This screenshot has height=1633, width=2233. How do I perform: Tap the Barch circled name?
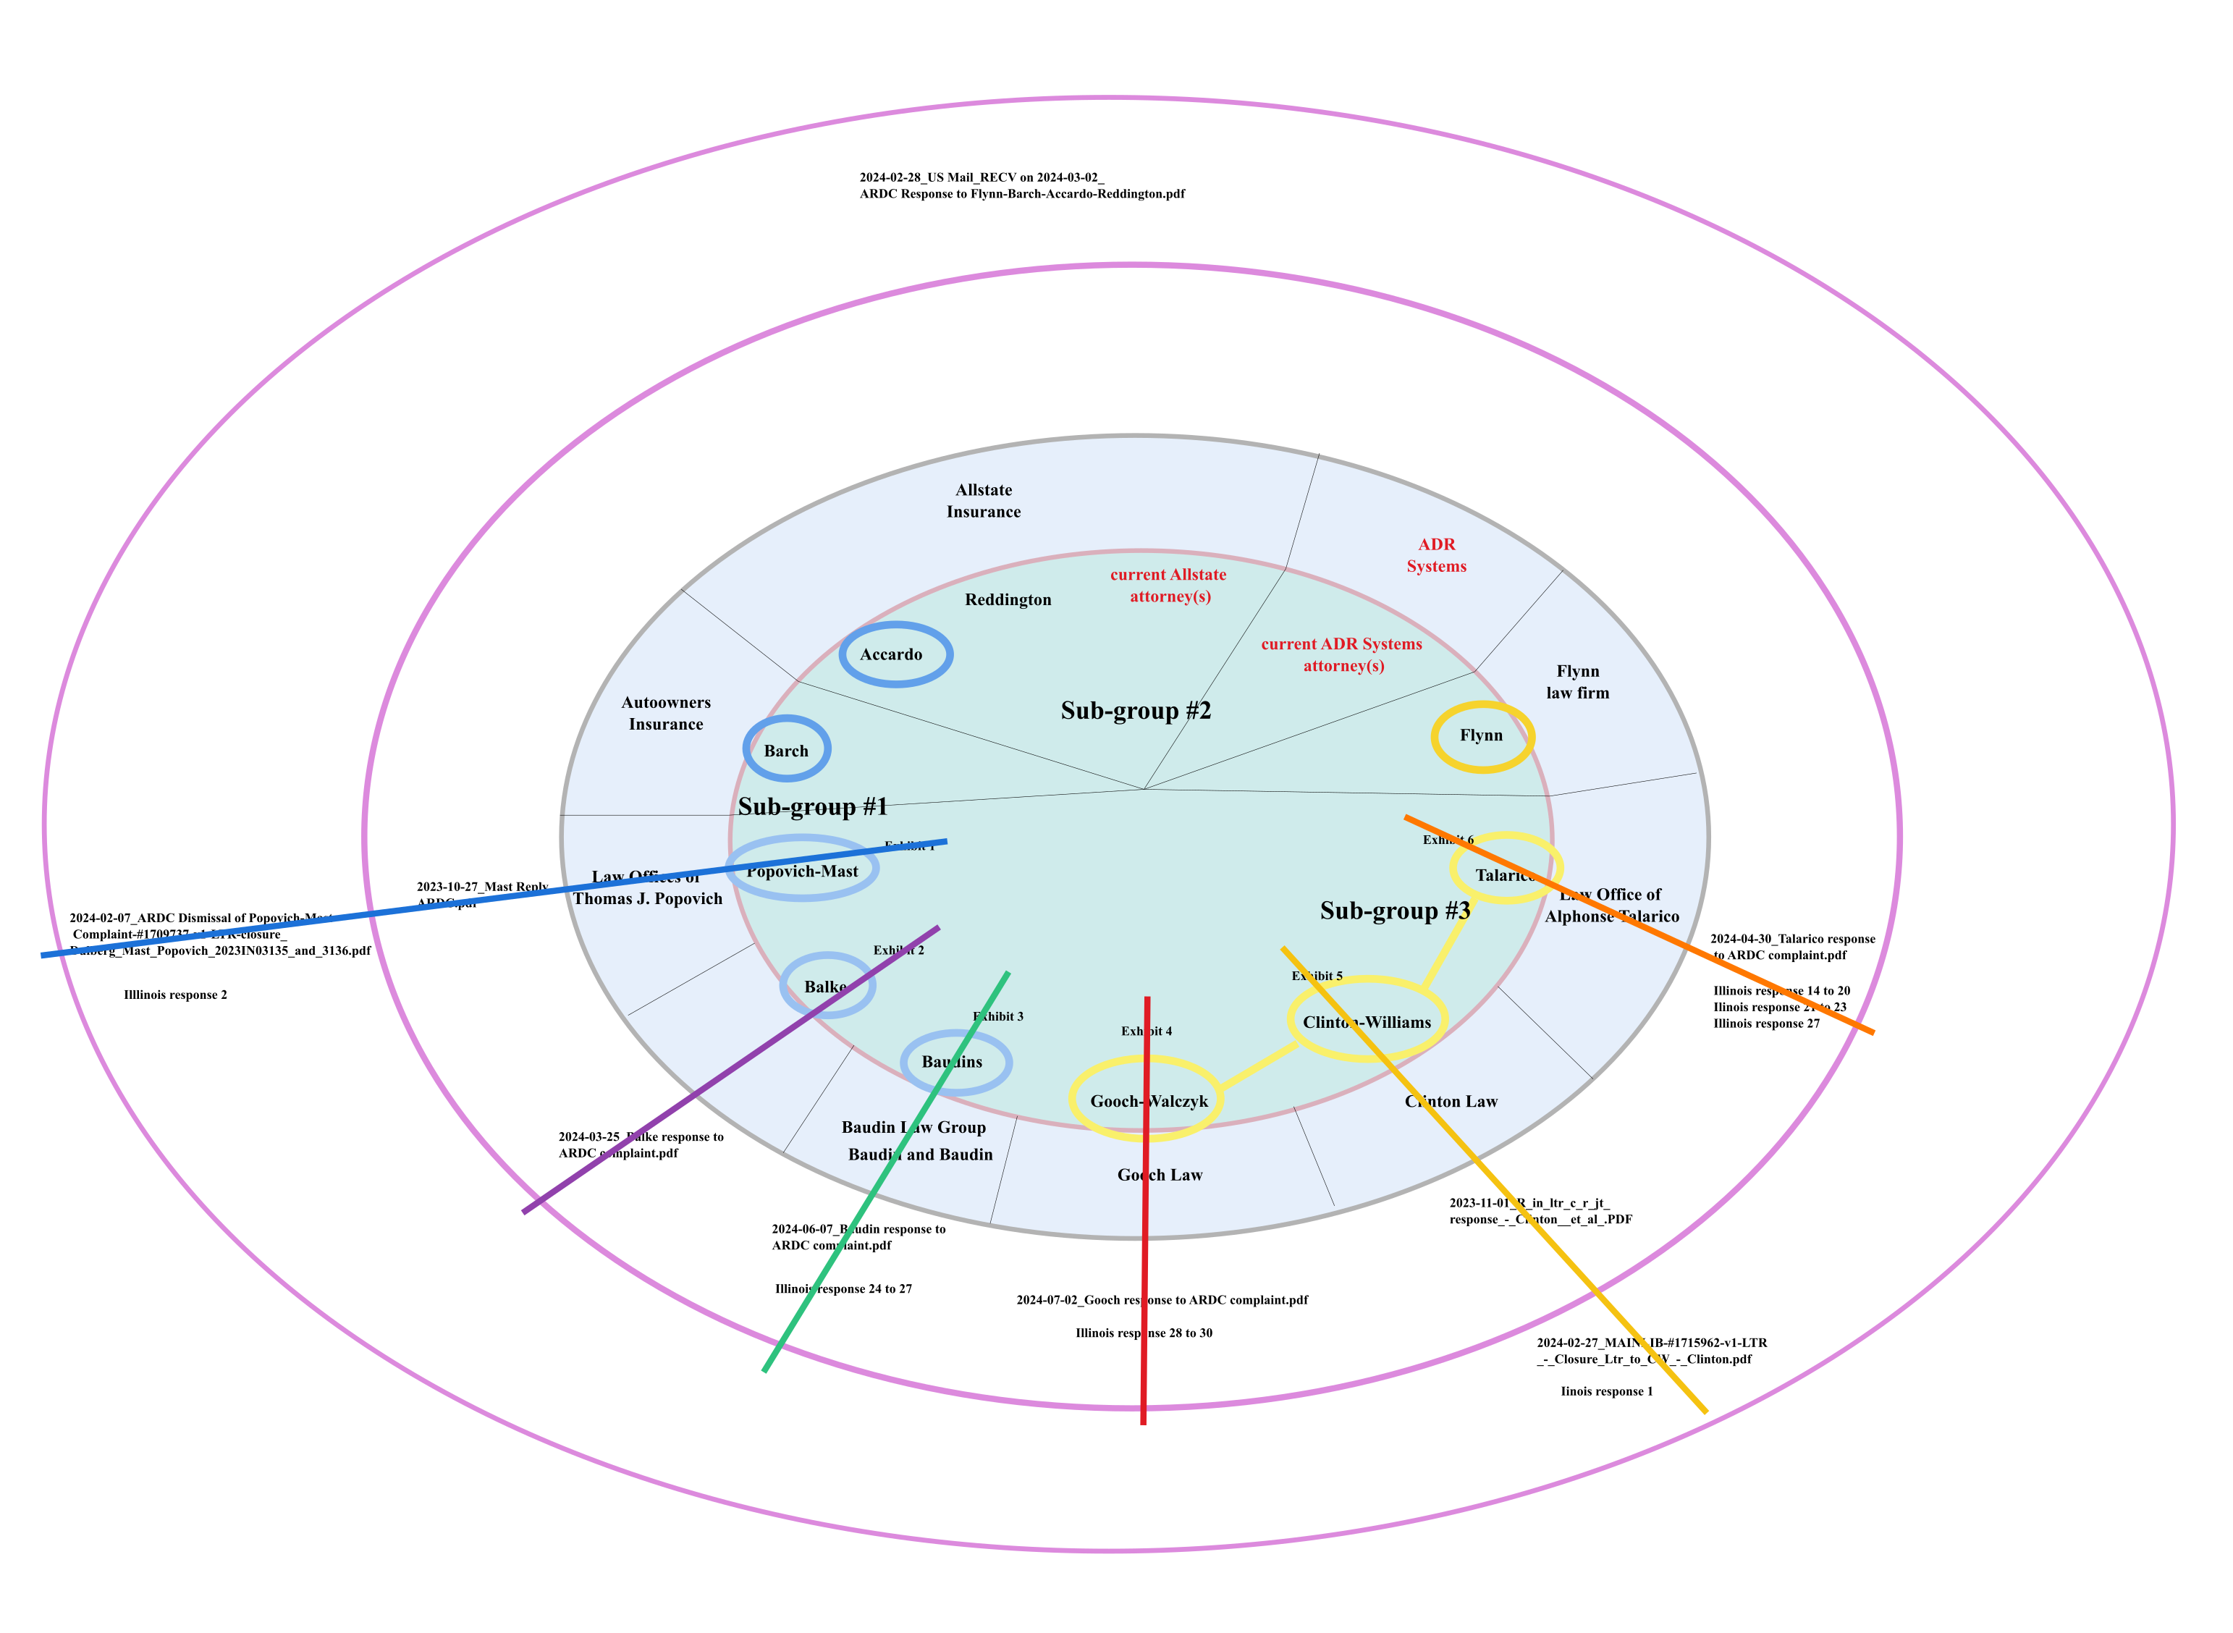coord(786,751)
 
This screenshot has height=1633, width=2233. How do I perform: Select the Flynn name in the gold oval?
coord(1481,735)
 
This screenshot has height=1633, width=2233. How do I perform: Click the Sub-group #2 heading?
coord(1135,711)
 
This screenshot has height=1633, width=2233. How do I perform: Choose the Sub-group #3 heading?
coord(1394,911)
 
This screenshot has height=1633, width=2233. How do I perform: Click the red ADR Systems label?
coord(1435,555)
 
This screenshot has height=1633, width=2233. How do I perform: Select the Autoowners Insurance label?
coord(665,713)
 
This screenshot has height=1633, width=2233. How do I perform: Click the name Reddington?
coord(1008,600)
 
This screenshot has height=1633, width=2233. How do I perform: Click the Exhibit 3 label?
coord(997,1016)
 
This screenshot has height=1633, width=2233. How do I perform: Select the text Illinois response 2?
coord(175,995)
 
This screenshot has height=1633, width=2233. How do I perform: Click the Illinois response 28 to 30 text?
coord(1144,1333)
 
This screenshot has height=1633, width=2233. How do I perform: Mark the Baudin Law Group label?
coord(913,1128)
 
